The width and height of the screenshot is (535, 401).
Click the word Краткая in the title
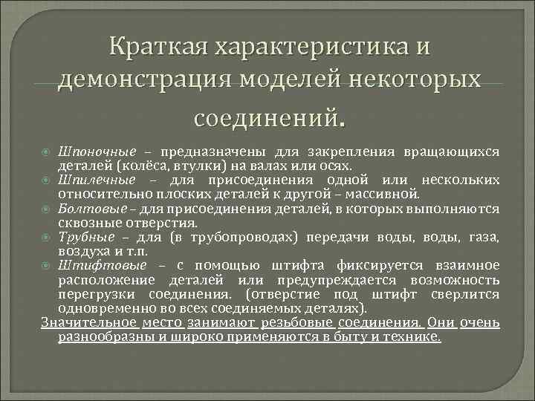tap(155, 47)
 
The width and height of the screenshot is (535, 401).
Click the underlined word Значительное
tap(90, 323)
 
